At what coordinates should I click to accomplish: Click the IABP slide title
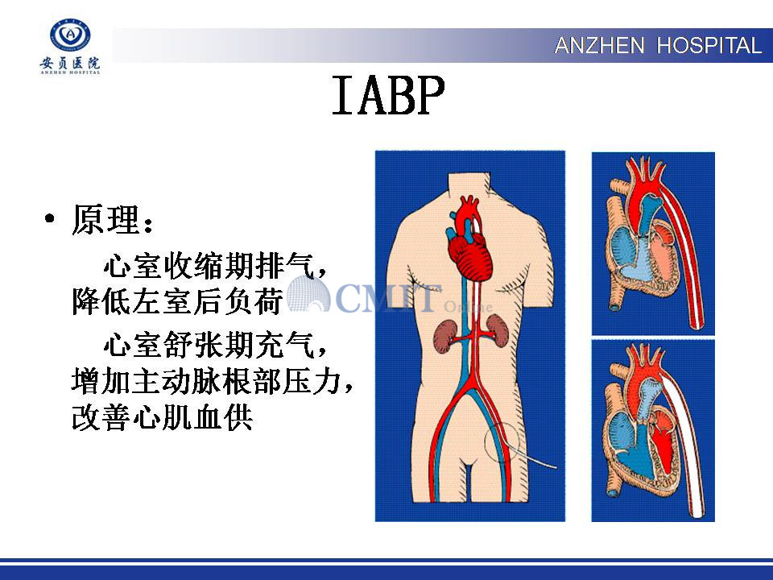click(x=388, y=96)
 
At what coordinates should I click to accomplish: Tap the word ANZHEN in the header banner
click(x=599, y=46)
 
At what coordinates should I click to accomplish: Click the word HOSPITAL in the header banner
click(x=710, y=46)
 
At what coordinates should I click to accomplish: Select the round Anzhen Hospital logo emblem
click(x=71, y=35)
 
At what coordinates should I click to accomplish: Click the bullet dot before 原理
click(x=49, y=219)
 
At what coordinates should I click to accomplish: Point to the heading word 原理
click(x=105, y=219)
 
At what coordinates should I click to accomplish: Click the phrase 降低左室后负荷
click(x=177, y=300)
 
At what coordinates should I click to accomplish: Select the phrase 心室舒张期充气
click(x=209, y=344)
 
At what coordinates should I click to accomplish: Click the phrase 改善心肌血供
click(x=162, y=418)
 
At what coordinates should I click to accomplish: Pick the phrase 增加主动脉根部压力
click(x=207, y=381)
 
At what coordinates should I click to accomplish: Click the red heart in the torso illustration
click(x=469, y=239)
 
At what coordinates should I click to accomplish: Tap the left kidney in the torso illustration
click(x=445, y=337)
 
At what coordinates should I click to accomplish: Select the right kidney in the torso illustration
click(x=498, y=331)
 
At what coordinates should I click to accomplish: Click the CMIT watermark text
click(x=387, y=298)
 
